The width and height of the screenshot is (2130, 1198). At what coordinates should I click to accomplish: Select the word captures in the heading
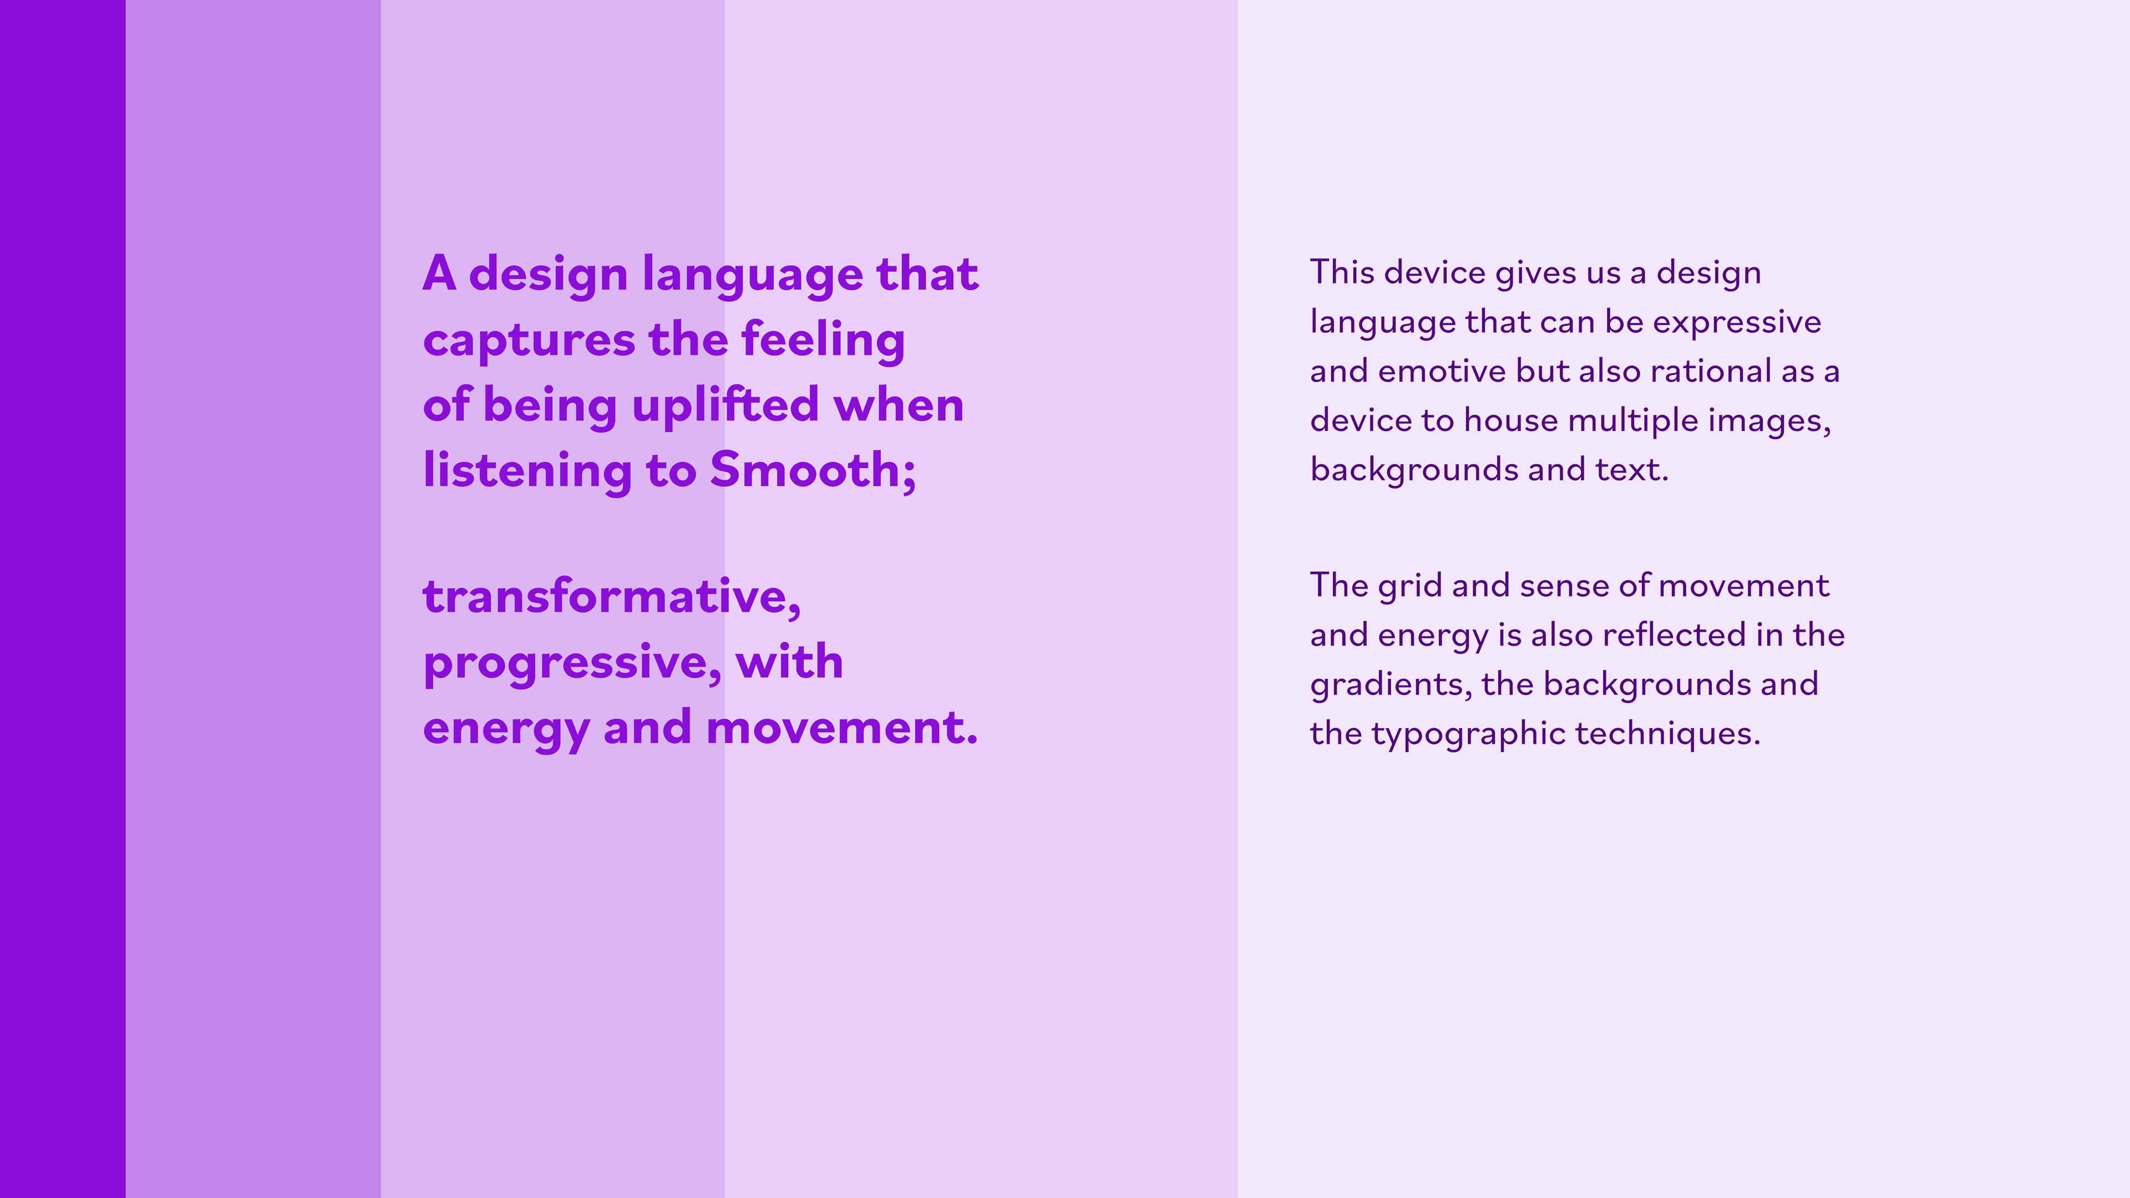click(x=529, y=341)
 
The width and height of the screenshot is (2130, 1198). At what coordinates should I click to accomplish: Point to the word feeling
click(x=823, y=341)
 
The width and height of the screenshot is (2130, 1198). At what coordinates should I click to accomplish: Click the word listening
click(x=527, y=470)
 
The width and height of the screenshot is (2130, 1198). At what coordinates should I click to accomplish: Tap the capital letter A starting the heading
click(x=440, y=273)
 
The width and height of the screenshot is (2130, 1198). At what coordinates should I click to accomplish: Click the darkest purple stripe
click(x=63, y=598)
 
